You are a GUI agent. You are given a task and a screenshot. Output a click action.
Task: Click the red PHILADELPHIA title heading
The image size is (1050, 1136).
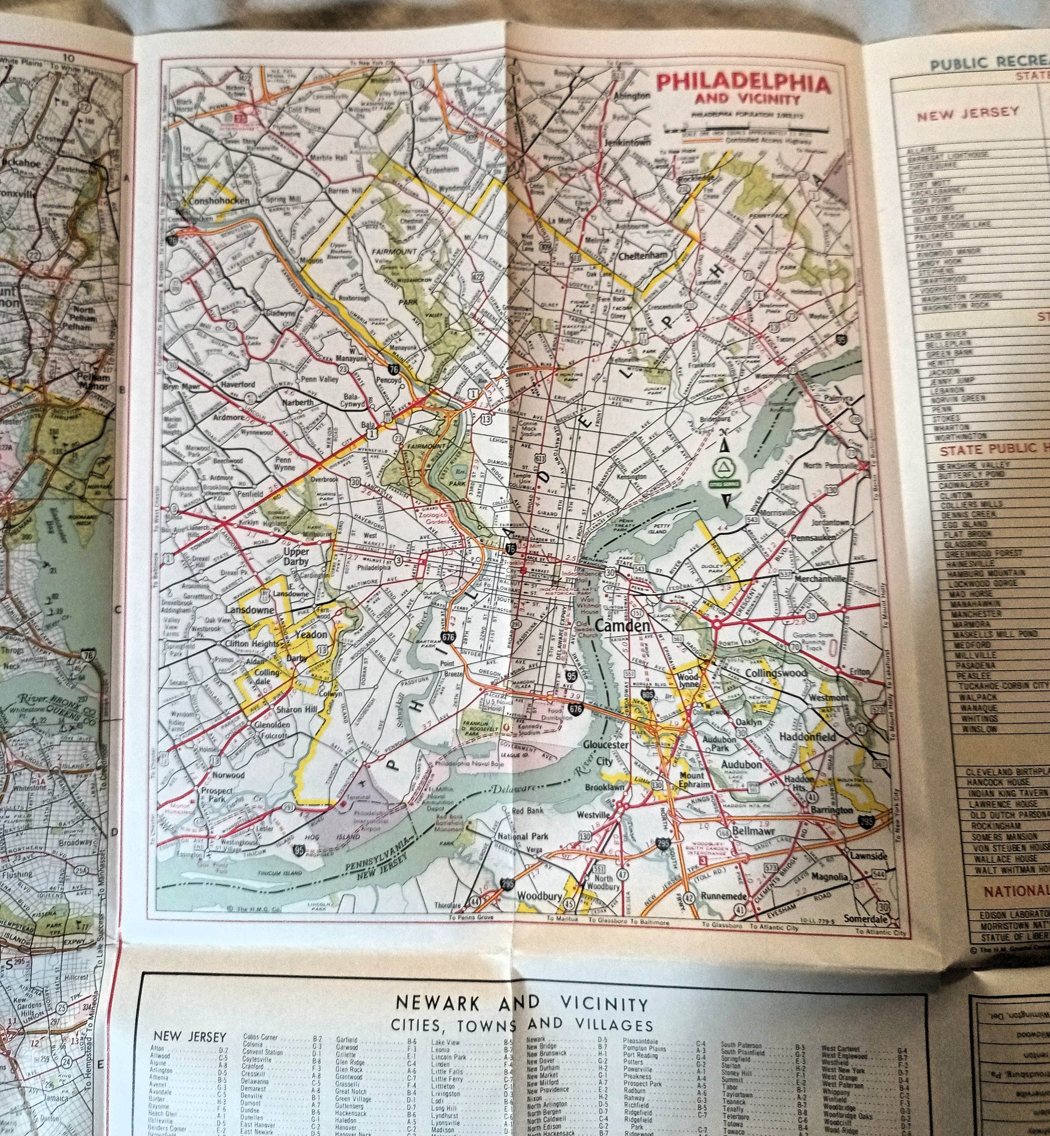point(742,84)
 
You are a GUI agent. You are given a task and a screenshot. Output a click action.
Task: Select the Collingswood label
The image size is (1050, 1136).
point(775,674)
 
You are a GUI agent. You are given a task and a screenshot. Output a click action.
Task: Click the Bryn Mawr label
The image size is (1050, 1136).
point(179,387)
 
